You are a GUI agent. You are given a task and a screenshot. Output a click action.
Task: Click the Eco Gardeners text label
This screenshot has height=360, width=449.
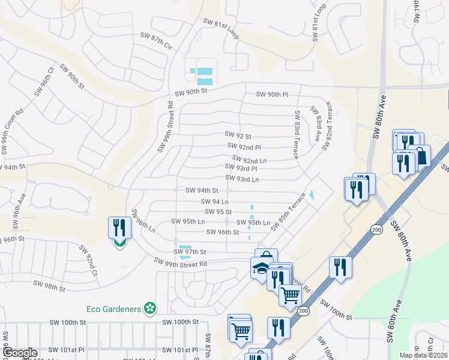(x=113, y=309)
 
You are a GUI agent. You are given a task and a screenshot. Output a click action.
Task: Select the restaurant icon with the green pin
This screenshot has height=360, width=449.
(x=119, y=230)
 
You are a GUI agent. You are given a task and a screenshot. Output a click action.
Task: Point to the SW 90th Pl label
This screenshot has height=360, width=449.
(x=273, y=95)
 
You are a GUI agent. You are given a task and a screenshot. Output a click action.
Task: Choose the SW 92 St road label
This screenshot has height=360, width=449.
(x=238, y=136)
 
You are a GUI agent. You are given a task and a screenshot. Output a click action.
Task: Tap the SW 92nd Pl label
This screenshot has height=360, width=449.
(x=244, y=146)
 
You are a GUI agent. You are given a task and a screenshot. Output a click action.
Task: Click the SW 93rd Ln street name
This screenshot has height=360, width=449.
(x=242, y=179)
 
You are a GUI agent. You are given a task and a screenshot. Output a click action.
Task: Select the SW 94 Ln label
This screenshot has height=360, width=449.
(x=214, y=202)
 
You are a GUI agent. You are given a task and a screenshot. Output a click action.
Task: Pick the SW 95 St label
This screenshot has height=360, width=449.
(x=218, y=212)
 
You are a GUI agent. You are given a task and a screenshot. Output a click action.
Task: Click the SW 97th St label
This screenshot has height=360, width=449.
(x=190, y=252)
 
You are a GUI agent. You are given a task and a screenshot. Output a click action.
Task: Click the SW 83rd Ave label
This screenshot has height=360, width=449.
(x=316, y=124)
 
